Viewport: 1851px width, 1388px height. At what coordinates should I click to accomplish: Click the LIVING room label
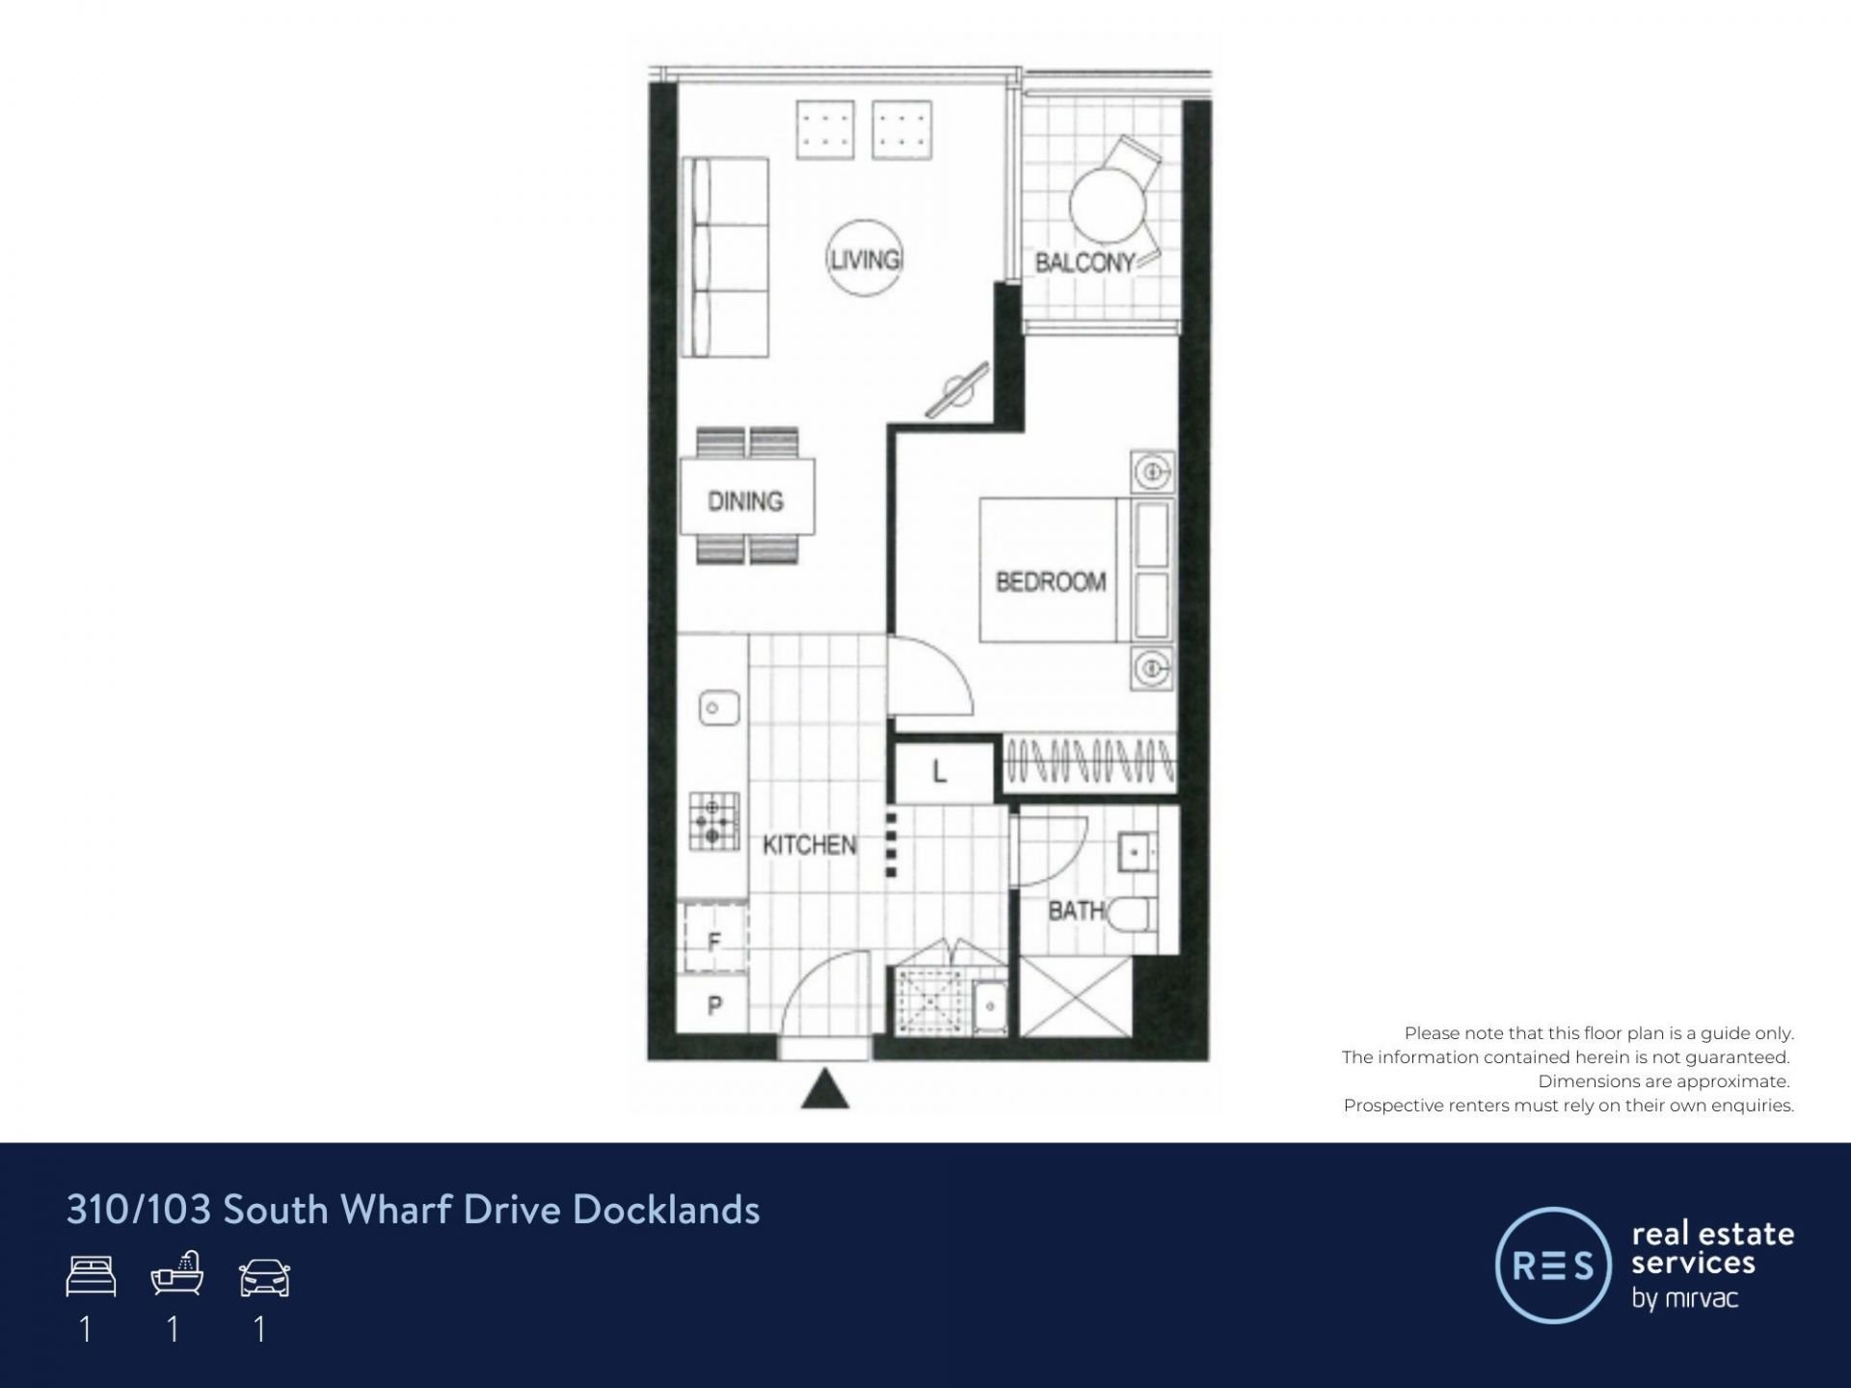pos(865,259)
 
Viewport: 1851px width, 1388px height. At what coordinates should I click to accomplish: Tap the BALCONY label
pos(1085,262)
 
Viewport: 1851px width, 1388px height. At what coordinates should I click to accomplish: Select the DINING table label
pos(745,501)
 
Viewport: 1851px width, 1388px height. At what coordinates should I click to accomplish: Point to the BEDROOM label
pos(1050,582)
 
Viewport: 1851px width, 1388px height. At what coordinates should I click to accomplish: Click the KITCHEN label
pos(809,845)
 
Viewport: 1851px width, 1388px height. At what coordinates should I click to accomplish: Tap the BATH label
pos(1076,910)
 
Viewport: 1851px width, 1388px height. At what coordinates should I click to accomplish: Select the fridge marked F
pos(713,938)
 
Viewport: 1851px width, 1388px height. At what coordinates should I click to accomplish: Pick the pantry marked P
pos(713,1005)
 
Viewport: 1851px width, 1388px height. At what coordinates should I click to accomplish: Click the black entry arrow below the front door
pos(825,1089)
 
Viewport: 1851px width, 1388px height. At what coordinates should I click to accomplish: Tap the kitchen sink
pos(718,708)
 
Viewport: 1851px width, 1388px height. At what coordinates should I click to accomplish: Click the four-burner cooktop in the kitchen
pos(713,821)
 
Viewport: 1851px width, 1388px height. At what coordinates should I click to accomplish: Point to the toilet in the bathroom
pos(1129,913)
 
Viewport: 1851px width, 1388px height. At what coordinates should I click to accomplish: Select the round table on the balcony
pos(1107,205)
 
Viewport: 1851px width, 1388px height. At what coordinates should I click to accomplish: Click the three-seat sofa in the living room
pos(725,257)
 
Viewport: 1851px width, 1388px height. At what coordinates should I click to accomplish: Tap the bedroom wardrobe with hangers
pos(1090,761)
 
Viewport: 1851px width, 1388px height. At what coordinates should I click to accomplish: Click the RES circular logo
pos(1553,1265)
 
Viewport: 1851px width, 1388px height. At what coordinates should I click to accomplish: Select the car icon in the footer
pos(264,1277)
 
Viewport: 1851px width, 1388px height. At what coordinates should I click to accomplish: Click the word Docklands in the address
pos(666,1210)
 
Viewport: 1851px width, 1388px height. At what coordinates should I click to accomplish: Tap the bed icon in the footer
pos(92,1276)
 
